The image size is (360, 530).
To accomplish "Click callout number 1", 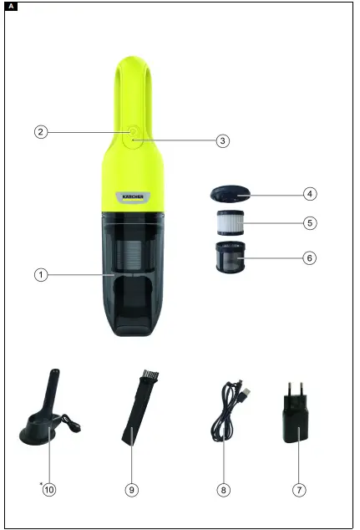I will (x=39, y=274).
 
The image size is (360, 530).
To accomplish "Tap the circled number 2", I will (x=39, y=131).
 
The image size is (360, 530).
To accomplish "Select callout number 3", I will (x=222, y=141).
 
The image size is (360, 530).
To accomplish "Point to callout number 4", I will (x=310, y=193).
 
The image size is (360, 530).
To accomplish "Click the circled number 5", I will (x=310, y=224).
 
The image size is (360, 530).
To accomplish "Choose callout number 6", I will (x=310, y=257).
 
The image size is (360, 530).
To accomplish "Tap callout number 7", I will (x=299, y=490).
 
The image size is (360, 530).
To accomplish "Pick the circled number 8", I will (x=223, y=490).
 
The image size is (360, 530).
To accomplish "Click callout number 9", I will (x=132, y=490).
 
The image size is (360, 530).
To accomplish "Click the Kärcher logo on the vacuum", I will (x=134, y=197).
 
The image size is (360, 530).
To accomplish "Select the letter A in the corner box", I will (x=9, y=7).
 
